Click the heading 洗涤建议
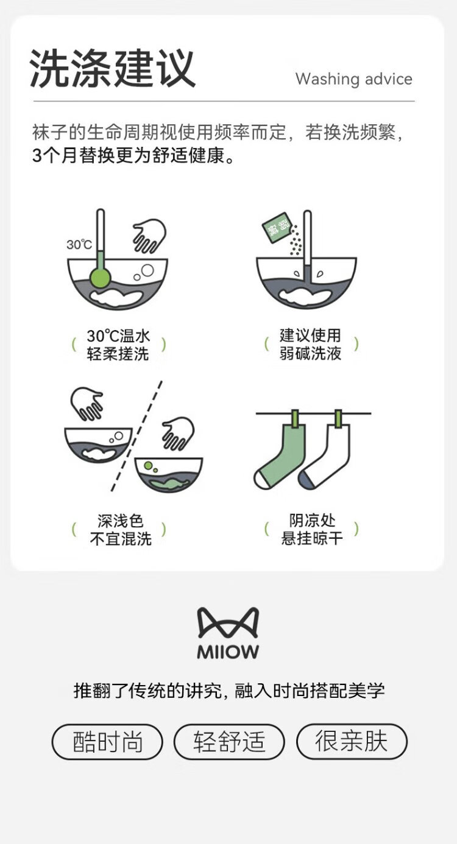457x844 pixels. coord(112,69)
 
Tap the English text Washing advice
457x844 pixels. coord(353,79)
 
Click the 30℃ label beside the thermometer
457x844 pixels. coord(79,245)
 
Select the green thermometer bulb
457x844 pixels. coord(100,278)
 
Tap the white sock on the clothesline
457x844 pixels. coord(325,456)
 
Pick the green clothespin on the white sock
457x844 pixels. coord(339,419)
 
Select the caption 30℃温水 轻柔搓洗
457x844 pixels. coord(118,345)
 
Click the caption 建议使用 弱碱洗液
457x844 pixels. coord(310,345)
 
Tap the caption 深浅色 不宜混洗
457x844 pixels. coord(120,530)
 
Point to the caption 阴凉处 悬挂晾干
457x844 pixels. coord(312,529)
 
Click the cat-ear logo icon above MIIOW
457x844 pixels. coord(228,622)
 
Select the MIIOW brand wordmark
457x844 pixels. coord(228,652)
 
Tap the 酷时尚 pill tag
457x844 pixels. coord(107,742)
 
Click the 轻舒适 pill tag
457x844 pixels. coord(229,742)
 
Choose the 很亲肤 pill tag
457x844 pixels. coord(352,741)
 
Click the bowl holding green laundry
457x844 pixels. coord(169,474)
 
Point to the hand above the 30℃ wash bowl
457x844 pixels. coord(150,235)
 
